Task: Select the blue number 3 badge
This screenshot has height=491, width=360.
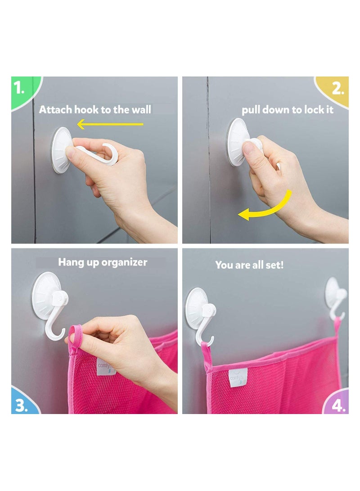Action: point(23,402)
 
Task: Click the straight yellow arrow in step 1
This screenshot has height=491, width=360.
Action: point(110,124)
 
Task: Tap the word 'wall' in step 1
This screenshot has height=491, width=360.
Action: point(141,110)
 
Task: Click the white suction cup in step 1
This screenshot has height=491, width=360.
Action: point(62,150)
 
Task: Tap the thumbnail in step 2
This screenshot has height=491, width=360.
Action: point(248,148)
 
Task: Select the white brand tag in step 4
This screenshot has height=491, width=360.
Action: point(238,377)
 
